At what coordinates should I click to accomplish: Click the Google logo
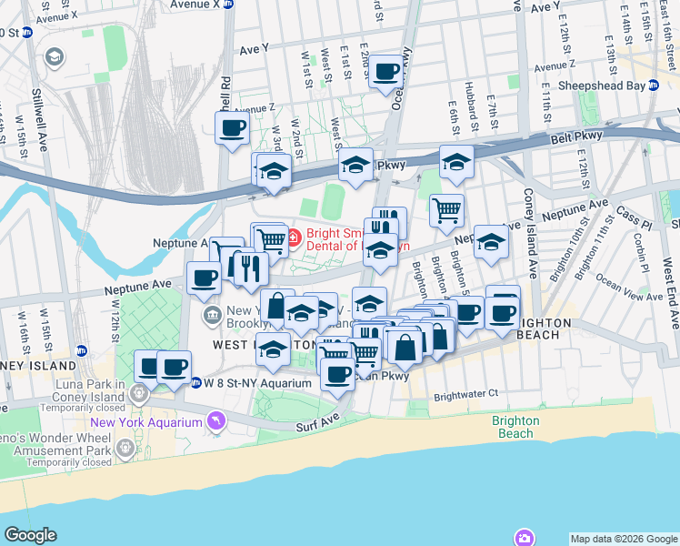(30, 535)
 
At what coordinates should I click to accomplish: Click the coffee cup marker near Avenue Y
(385, 70)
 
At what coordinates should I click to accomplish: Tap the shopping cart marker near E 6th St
(446, 209)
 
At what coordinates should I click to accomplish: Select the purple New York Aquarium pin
(215, 420)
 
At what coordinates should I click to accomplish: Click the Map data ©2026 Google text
(624, 538)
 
